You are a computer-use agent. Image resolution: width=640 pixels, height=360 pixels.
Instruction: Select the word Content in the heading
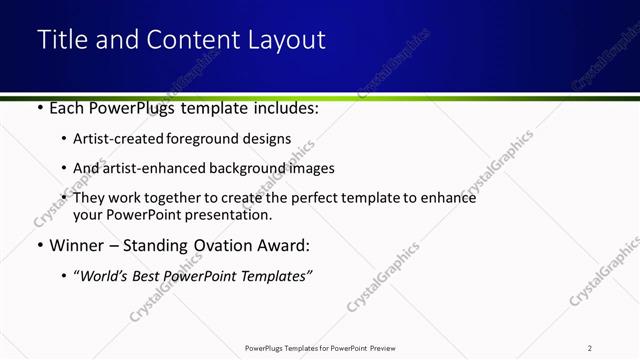pyautogui.click(x=194, y=40)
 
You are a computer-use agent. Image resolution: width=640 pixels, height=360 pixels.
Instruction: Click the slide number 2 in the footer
pyautogui.click(x=590, y=347)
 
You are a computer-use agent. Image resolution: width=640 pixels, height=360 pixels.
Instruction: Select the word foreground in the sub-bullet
pyautogui.click(x=205, y=139)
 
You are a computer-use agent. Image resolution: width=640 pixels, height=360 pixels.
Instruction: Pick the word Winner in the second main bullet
pyautogui.click(x=78, y=244)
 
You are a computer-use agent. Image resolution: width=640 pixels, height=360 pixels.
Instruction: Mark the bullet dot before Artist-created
pyautogui.click(x=64, y=139)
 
